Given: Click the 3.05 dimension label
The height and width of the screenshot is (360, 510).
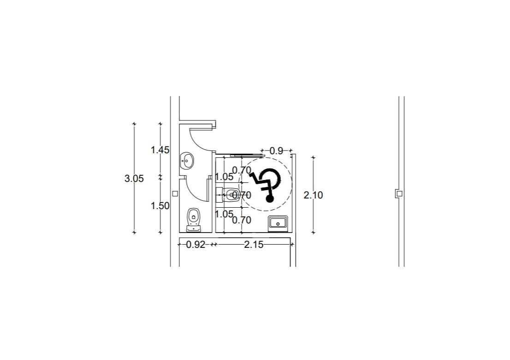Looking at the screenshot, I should [134, 179].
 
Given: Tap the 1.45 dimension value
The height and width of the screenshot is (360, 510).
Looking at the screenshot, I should [160, 150].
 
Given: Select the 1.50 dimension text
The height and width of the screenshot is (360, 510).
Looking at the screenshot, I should [160, 206].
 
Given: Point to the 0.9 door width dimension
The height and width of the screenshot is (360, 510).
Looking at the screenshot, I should [276, 150].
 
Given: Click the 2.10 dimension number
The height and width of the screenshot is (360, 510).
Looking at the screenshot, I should [313, 195].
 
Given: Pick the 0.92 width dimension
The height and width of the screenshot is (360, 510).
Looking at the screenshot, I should [196, 245].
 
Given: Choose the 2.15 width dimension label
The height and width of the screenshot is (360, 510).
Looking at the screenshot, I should [254, 245].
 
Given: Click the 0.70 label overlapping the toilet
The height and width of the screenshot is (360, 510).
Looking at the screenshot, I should [241, 195].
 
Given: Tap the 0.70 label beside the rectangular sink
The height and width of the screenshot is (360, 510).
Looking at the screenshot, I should [242, 220].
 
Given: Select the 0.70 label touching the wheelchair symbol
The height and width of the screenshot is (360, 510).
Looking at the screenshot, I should [242, 170].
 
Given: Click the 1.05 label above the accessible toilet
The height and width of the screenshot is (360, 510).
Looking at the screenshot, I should [224, 177].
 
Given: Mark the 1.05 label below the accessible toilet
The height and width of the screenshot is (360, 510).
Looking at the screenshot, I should [224, 214].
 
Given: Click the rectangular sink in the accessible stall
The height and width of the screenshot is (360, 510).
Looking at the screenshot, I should [278, 223].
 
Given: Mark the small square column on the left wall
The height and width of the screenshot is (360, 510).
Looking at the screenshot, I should [175, 194].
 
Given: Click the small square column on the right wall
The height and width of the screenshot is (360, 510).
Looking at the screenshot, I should [399, 194].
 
